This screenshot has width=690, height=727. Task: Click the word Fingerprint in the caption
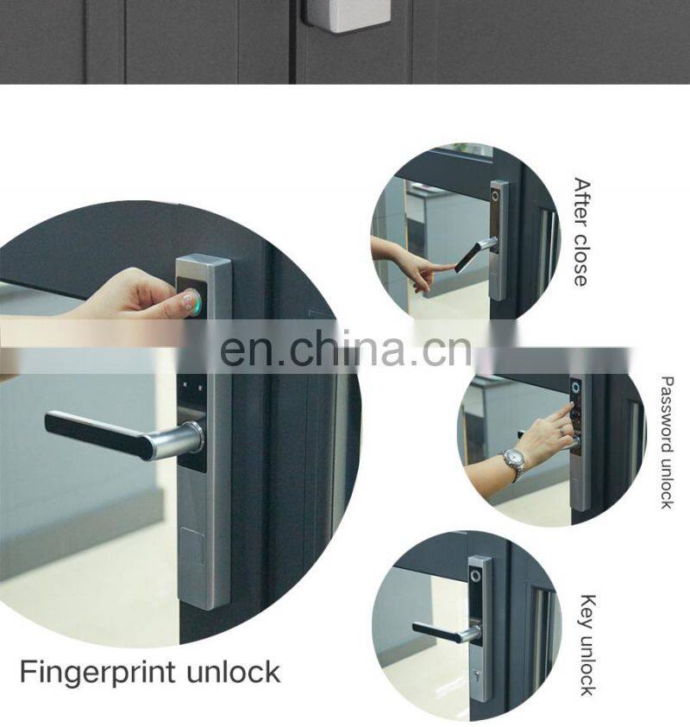tap(98, 673)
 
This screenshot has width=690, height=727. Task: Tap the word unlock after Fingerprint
tap(234, 673)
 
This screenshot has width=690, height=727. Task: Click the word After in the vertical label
tap(581, 202)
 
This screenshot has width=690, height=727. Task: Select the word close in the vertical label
tap(580, 261)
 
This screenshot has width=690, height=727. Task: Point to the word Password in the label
tap(667, 414)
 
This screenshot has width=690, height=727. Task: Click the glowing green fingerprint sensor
tap(192, 301)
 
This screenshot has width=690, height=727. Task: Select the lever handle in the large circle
tap(124, 435)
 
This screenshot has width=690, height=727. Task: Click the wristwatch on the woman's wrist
tap(515, 462)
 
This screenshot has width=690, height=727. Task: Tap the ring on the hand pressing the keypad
tap(561, 431)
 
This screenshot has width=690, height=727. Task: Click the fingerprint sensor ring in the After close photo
tap(496, 196)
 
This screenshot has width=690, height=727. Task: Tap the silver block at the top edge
tap(346, 16)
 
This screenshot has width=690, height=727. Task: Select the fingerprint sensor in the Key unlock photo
tap(475, 576)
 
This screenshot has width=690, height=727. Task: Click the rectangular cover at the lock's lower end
tap(192, 547)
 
